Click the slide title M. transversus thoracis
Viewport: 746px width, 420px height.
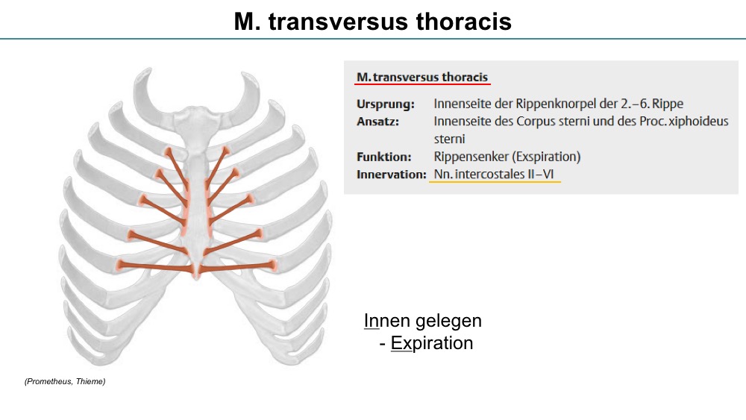(372, 22)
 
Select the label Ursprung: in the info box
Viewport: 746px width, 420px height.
(386, 104)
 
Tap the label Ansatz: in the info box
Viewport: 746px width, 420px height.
(377, 122)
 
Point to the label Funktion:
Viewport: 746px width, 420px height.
(384, 157)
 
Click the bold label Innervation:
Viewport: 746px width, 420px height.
(392, 175)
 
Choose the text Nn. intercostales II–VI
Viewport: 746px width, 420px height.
(494, 175)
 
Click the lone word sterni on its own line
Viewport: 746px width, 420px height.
(450, 140)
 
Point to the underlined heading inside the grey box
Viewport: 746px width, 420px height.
(422, 78)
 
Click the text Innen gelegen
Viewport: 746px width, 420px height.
(423, 321)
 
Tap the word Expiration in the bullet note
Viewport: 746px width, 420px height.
(432, 343)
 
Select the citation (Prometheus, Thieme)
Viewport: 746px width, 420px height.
(65, 381)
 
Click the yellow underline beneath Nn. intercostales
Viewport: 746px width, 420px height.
(495, 182)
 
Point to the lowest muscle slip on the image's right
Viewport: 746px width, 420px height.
(237, 267)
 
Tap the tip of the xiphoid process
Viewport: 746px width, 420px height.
(196, 279)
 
